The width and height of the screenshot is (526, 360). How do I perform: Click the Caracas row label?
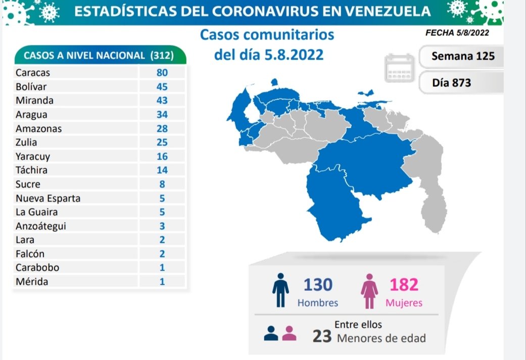(x=33, y=72)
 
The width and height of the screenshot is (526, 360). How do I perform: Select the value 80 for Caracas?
(x=162, y=72)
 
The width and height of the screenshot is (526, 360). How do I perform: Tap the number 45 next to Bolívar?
(x=162, y=86)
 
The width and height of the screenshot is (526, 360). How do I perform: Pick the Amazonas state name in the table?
(x=38, y=128)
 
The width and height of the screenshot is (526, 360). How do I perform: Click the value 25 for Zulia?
(x=162, y=142)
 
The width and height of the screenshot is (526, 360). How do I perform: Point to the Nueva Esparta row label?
(x=48, y=198)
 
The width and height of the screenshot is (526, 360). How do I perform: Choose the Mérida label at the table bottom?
(x=32, y=282)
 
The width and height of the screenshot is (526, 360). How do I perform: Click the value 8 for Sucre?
(x=162, y=184)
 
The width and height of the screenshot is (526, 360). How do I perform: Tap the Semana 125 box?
(x=461, y=56)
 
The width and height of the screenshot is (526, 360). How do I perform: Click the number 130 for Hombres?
(x=318, y=285)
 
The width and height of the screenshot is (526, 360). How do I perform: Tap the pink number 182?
(x=404, y=285)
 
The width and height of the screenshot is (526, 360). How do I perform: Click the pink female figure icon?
(x=369, y=292)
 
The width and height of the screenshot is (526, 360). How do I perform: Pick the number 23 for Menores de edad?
(x=322, y=337)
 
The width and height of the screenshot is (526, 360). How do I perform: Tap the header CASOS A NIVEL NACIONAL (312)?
(x=99, y=57)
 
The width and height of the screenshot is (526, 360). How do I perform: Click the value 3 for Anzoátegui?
(x=162, y=226)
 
